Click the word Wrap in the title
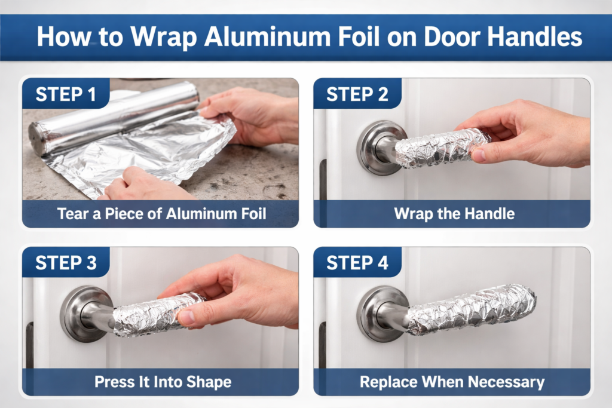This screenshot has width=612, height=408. [164, 38]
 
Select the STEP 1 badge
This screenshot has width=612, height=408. [66, 94]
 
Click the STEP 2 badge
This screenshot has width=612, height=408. [357, 94]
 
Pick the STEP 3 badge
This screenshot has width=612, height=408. [66, 262]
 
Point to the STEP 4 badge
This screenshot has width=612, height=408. [357, 262]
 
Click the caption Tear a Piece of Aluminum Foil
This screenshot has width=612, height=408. [161, 214]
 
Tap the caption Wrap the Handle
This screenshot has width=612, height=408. [454, 214]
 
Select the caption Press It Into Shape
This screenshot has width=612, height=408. [163, 382]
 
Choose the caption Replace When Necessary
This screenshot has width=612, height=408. [452, 382]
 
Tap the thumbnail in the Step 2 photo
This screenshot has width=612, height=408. [479, 155]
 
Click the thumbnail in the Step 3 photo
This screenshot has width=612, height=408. [186, 317]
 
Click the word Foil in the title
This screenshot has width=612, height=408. [359, 36]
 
